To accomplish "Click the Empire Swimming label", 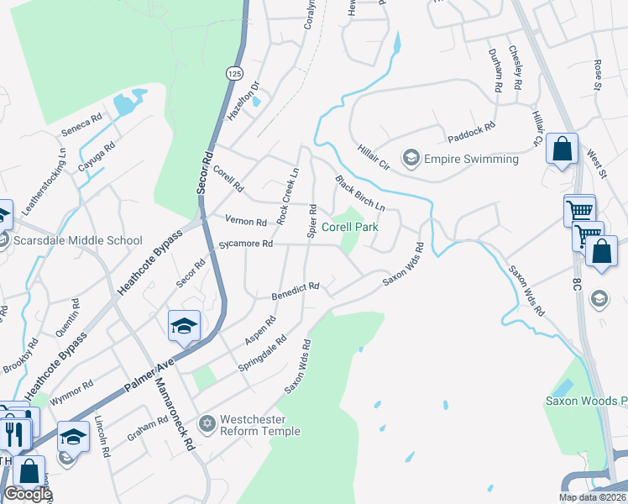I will click(471, 159).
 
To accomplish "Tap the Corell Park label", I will click(350, 227).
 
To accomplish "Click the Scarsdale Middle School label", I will click(79, 240).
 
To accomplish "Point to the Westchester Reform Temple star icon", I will click(207, 420).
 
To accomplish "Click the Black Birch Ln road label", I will click(360, 194).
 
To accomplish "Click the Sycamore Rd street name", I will click(246, 244).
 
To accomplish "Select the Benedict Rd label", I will click(295, 291).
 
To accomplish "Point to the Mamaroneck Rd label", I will click(175, 412).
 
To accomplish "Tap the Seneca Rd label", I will click(81, 125).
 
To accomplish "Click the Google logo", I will click(27, 494).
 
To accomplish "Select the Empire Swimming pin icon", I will click(411, 158).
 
